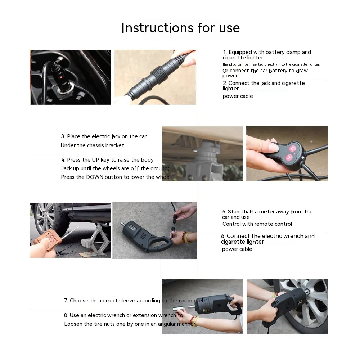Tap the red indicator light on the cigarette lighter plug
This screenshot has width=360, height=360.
[x=61, y=77]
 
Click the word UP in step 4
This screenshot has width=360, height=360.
[x=95, y=160]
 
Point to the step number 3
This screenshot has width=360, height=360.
[x=63, y=136]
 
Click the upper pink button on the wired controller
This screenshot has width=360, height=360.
[x=293, y=148]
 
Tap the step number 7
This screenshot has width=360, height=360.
[x=66, y=301]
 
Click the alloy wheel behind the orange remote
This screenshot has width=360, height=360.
[x=45, y=217]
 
